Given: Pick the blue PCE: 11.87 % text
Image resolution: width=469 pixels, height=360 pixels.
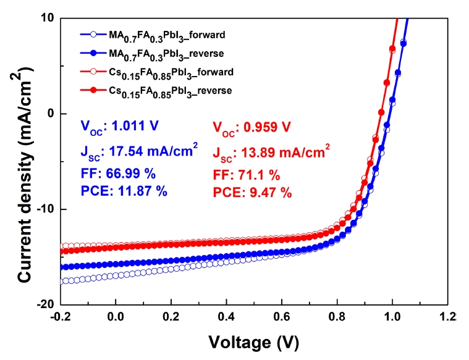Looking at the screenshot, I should pyautogui.click(x=124, y=191).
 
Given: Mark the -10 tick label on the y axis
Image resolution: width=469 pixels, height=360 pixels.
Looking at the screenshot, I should pyautogui.click(x=46, y=209).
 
